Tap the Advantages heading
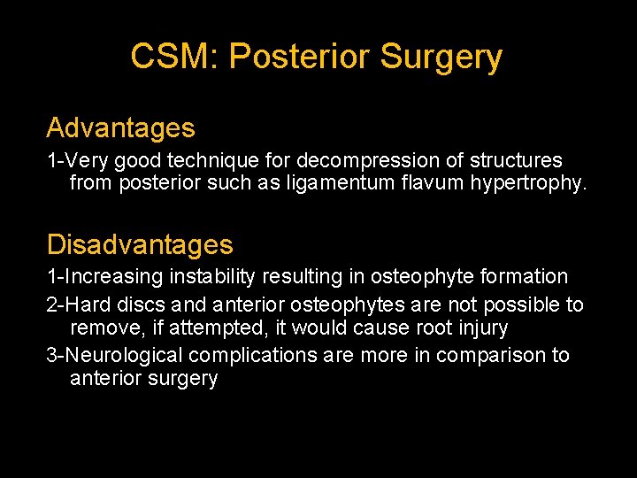click(120, 128)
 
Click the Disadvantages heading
click(140, 244)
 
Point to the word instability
click(212, 277)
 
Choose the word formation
click(522, 277)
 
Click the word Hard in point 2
click(86, 305)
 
